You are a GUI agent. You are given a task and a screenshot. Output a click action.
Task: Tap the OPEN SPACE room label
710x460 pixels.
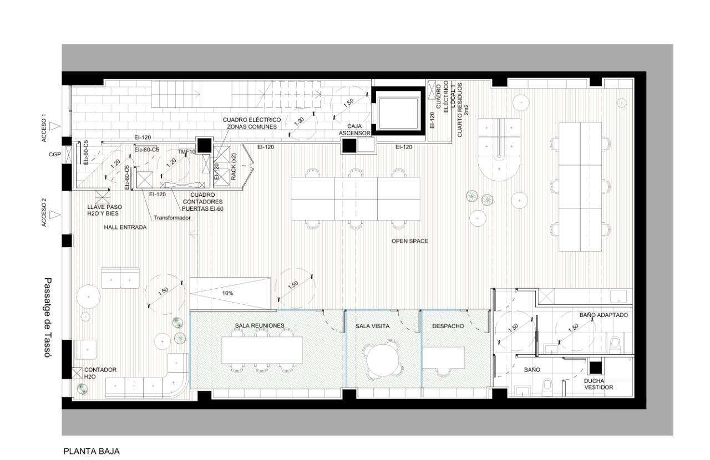[x=409, y=241]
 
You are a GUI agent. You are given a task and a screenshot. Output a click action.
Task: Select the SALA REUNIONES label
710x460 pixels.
[x=260, y=325]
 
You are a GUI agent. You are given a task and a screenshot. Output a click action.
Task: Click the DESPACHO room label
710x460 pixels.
[x=448, y=326]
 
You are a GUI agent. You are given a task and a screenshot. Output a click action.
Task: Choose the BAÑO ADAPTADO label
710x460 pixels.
[x=603, y=315]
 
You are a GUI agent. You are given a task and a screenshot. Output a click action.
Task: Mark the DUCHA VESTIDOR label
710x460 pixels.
[x=599, y=384]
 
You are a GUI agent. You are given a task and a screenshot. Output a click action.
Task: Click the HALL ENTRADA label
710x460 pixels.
[x=125, y=227]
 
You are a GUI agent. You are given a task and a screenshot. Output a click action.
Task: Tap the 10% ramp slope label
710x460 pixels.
[x=227, y=293]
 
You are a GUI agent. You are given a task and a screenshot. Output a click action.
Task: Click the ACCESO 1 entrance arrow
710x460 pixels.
[x=54, y=126]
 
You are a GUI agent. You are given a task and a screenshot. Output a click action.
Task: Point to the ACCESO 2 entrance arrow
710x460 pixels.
[x=54, y=214]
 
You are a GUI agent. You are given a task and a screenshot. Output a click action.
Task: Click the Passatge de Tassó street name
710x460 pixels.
[x=48, y=318]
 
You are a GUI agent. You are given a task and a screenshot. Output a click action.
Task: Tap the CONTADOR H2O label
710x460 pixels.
[x=100, y=372]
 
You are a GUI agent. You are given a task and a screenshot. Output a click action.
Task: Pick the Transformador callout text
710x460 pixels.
[x=173, y=218]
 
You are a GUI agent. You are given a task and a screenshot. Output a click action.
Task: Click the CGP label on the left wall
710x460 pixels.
[x=55, y=155]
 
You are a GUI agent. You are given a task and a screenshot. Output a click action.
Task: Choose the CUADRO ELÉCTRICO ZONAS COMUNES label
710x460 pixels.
[x=252, y=123]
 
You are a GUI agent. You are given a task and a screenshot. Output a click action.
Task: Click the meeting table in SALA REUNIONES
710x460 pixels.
[x=262, y=349]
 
